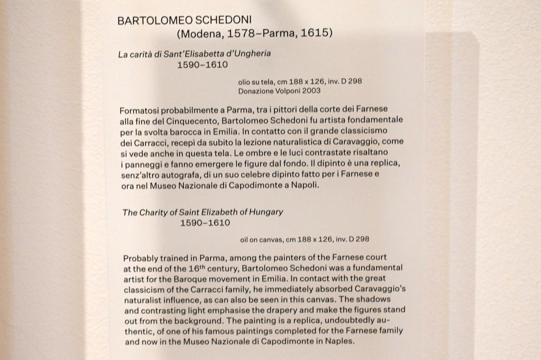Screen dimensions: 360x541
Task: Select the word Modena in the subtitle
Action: [199, 34]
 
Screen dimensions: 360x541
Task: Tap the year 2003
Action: [312, 90]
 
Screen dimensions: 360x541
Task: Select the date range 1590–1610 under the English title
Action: [205, 223]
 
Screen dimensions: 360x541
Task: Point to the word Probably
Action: [140, 257]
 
